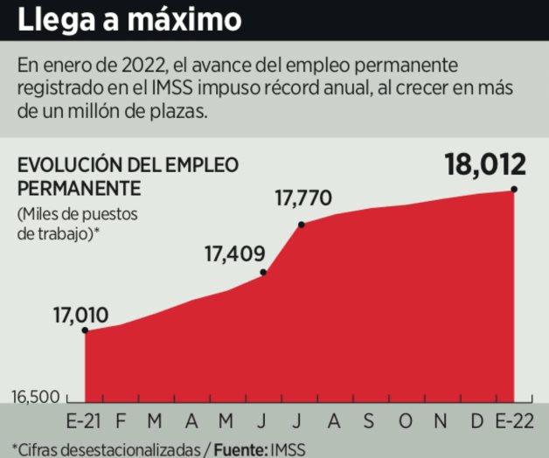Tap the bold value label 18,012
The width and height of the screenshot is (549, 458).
pos(484,163)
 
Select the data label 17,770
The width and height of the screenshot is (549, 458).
pos(302,198)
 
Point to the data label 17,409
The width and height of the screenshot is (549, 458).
pos(233,255)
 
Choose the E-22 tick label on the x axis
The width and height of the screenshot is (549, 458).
pos(513,421)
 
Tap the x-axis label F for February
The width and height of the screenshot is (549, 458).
pos(122,421)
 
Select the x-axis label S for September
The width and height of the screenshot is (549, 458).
pos(369,421)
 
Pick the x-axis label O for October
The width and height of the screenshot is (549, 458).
pos(406,421)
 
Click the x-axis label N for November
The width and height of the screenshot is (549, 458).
pos(441,421)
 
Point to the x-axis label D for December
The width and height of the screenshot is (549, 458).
pos(477,421)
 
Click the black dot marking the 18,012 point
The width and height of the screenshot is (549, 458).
pos(514,189)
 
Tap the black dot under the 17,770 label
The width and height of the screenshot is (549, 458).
pos(301,225)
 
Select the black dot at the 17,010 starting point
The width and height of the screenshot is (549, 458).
pos(85,330)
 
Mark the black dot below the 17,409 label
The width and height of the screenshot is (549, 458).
pos(264,274)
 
